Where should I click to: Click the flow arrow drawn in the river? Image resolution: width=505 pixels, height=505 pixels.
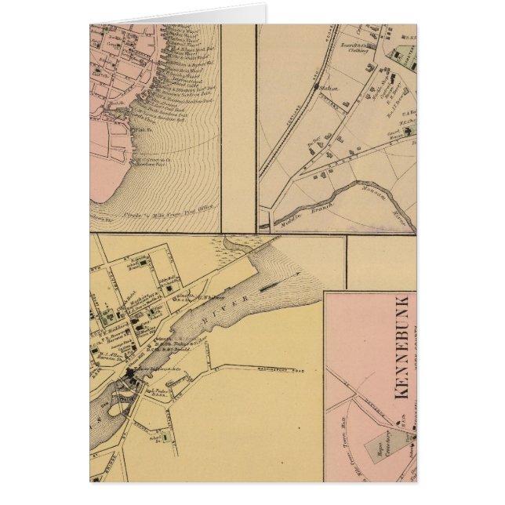pyautogui.click(x=291, y=274)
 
